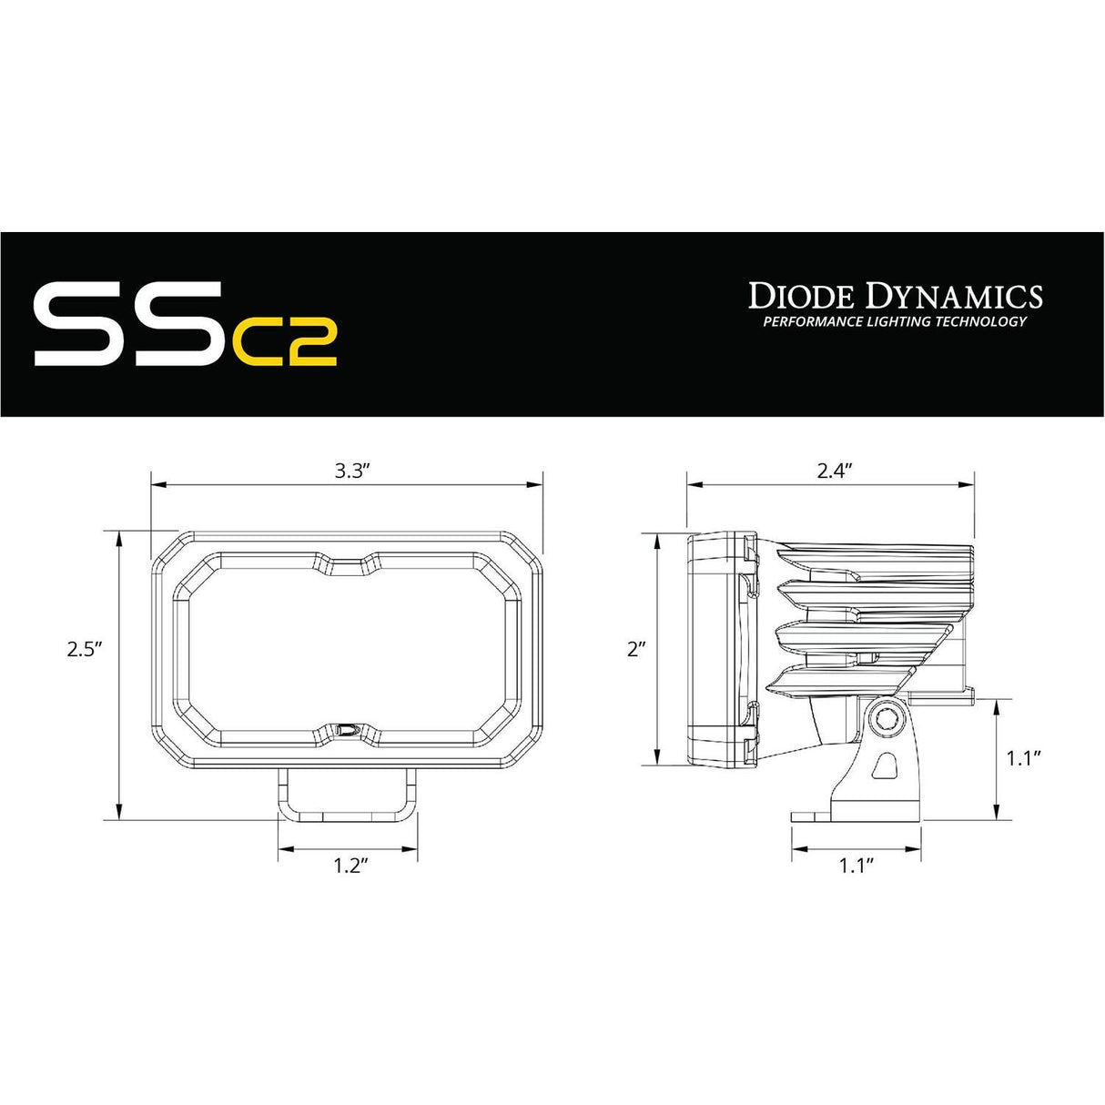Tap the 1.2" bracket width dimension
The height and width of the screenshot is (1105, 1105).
[x=349, y=866]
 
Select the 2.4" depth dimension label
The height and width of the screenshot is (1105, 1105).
[x=832, y=471]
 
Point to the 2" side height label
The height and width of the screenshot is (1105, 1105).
[x=636, y=649]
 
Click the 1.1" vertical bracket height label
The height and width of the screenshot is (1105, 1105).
[x=1025, y=757]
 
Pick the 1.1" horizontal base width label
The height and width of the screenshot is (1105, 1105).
[x=857, y=866]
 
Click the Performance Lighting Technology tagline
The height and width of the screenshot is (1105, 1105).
[x=895, y=321]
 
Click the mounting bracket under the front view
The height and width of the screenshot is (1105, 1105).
[x=348, y=793]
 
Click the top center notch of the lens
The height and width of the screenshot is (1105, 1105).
[x=348, y=566]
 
